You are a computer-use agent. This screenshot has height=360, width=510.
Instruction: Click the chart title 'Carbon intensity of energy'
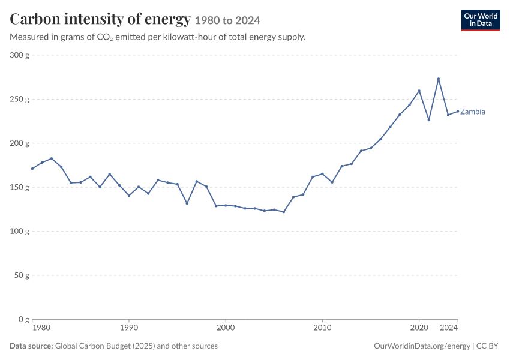point(100,19)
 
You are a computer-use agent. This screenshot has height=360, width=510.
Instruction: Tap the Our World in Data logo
point(481,20)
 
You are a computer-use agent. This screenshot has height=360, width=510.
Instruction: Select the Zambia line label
point(472,112)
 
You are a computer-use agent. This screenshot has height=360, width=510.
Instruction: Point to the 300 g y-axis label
point(20,55)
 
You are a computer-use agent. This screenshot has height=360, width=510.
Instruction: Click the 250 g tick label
point(20,99)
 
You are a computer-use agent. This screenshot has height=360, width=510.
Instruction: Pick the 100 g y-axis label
point(20,231)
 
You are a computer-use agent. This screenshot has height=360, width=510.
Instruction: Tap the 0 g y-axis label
point(24,319)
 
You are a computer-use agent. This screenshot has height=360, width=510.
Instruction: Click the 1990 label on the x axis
point(129,328)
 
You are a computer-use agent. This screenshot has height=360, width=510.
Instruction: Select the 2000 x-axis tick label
point(226,328)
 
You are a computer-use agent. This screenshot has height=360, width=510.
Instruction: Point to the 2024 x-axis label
point(449,328)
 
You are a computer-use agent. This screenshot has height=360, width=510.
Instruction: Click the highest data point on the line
point(439,79)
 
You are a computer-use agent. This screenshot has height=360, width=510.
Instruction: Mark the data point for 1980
point(32,169)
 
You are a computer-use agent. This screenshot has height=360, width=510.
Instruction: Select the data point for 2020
point(419,91)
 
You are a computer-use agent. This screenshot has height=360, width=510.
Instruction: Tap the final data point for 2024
point(458,111)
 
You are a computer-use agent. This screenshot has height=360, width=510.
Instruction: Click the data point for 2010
point(322,173)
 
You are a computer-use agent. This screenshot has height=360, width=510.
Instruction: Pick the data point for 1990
point(129,196)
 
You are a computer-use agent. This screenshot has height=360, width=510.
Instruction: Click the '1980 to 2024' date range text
point(227,21)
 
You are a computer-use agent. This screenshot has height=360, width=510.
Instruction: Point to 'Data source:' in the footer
point(31,346)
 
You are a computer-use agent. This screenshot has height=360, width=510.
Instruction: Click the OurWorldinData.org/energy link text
point(422,346)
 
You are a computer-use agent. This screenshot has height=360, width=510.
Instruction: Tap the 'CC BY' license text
point(487,346)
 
